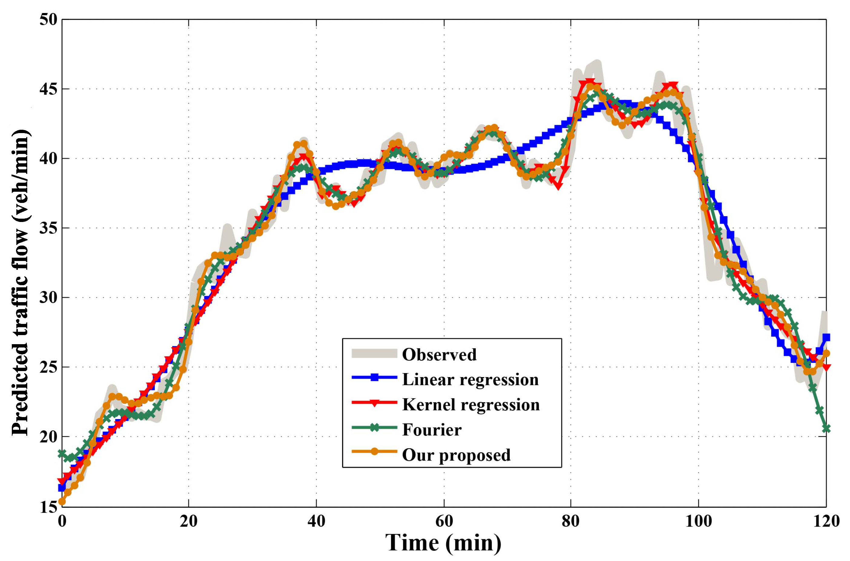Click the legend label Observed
[x=439, y=354]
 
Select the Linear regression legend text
[x=470, y=380]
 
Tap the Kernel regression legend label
[x=470, y=405]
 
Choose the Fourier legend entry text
[x=431, y=429]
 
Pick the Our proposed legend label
[x=456, y=455]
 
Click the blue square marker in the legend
[x=374, y=377]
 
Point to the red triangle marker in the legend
[x=374, y=403]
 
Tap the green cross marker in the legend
[x=374, y=428]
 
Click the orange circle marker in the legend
[x=374, y=452]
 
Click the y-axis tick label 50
[x=48, y=19]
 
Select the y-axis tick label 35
[x=48, y=228]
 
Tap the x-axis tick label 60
[x=444, y=521]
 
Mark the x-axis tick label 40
[x=316, y=521]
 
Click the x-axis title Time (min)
[x=443, y=543]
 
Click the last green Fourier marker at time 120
[x=826, y=429]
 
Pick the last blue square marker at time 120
[x=826, y=338]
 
